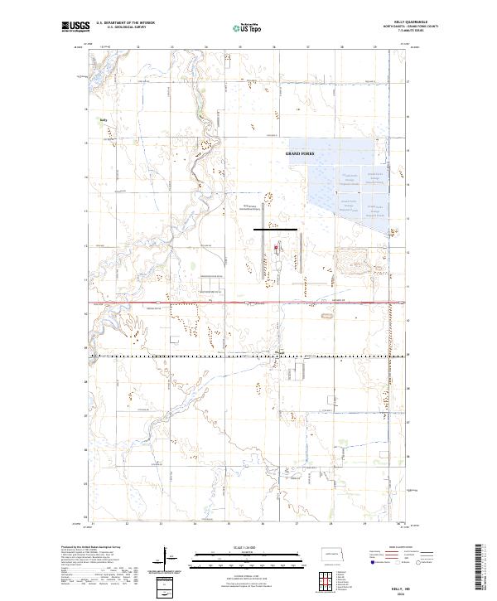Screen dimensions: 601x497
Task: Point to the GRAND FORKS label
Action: pyautogui.click(x=300, y=154)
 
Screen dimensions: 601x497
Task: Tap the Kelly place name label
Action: pyautogui.click(x=104, y=119)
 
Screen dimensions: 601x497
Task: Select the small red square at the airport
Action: pyautogui.click(x=277, y=246)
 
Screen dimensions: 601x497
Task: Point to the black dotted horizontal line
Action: pyautogui.click(x=248, y=355)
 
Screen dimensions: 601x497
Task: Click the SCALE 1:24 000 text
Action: pyautogui.click(x=225, y=547)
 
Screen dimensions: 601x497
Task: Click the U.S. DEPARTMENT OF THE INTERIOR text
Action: pyautogui.click(x=126, y=24)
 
